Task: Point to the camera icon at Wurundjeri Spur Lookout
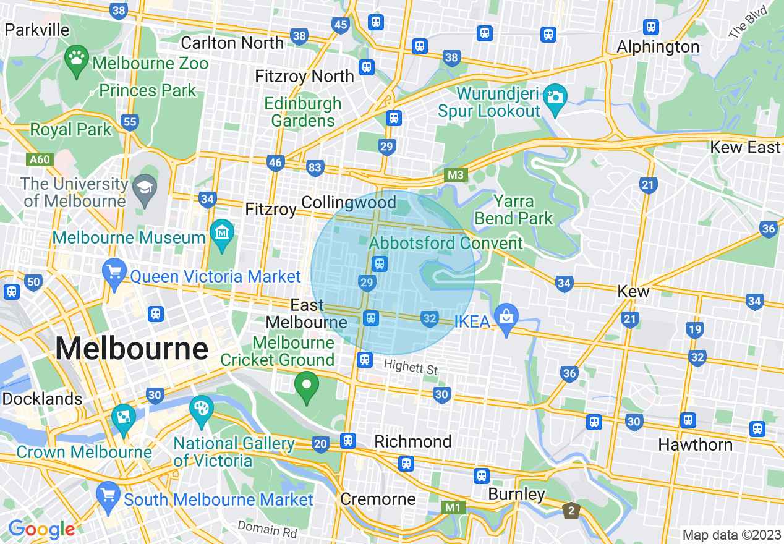[555, 98]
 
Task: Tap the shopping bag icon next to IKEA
[506, 317]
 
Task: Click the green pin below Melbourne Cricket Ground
[306, 386]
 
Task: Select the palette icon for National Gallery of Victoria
[201, 410]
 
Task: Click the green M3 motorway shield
[456, 176]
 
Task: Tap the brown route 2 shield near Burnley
[571, 511]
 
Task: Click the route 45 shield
[340, 25]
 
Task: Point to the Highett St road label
[411, 368]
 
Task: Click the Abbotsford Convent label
[446, 243]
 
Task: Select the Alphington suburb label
[658, 47]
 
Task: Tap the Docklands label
[42, 399]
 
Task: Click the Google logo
[41, 529]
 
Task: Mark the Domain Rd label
[267, 529]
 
